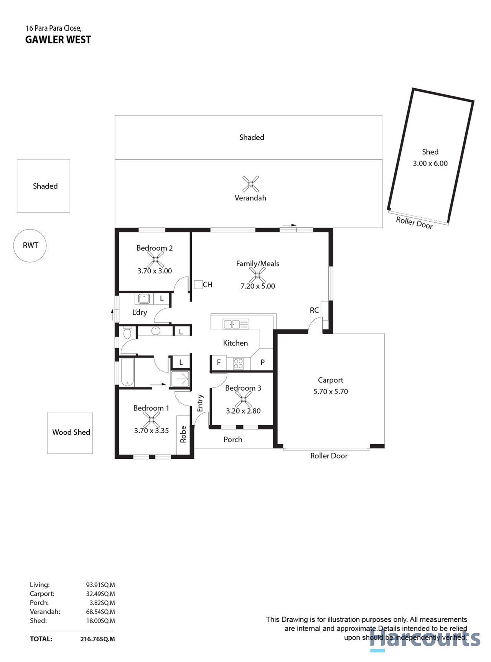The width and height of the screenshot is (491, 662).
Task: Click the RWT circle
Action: (30, 246)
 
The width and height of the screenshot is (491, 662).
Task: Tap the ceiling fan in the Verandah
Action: (250, 184)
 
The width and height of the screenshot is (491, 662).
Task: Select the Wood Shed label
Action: (71, 432)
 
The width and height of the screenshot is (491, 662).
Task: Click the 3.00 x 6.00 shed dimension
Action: (430, 164)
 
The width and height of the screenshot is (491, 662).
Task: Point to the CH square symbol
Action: (198, 285)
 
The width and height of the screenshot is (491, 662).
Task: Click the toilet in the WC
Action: (127, 333)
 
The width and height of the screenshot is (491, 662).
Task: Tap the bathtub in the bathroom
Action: (127, 372)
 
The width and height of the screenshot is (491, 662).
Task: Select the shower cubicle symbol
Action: (180, 379)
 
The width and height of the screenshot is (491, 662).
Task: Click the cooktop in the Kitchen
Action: (238, 363)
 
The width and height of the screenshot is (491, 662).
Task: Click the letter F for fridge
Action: (219, 362)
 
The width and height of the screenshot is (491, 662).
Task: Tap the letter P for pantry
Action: (262, 362)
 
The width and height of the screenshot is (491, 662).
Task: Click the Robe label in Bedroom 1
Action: (183, 434)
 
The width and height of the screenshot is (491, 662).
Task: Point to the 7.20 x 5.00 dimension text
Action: (258, 286)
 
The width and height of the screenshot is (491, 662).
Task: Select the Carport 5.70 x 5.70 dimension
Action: (331, 392)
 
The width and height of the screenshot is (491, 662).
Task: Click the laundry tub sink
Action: (144, 298)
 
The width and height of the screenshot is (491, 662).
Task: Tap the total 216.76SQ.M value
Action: (97, 639)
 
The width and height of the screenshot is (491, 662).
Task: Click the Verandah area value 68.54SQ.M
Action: (101, 612)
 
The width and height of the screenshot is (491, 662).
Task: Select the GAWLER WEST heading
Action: (58, 40)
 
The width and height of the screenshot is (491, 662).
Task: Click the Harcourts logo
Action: (426, 639)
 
